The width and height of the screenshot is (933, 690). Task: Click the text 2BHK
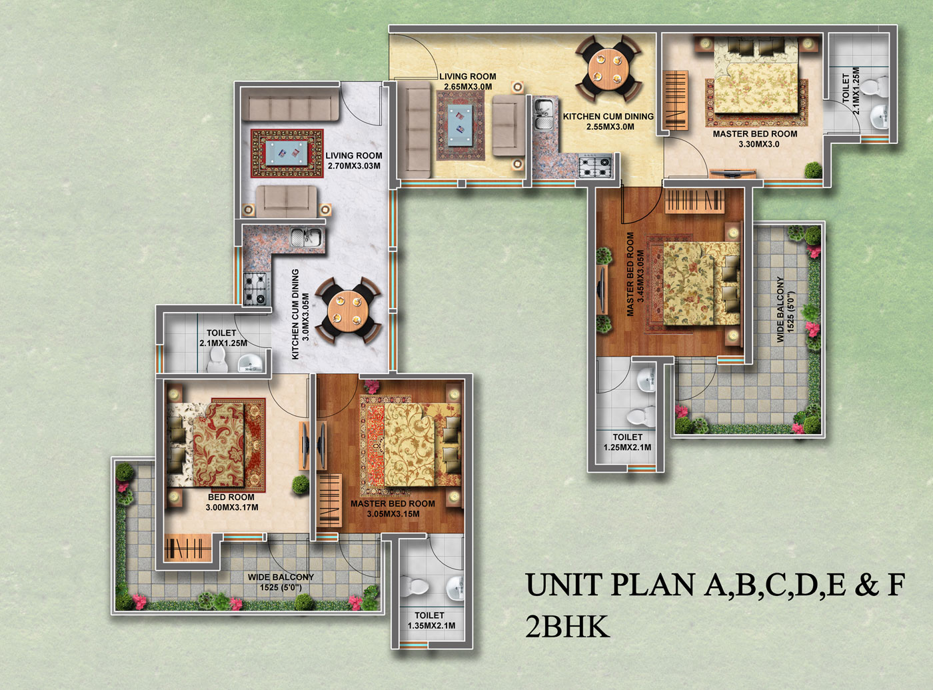(567, 627)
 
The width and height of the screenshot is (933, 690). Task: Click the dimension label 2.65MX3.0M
(468, 87)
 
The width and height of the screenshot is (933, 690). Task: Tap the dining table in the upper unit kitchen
(609, 68)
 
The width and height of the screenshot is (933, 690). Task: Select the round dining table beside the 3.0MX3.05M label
(348, 310)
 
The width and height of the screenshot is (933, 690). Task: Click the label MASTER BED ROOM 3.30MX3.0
(755, 139)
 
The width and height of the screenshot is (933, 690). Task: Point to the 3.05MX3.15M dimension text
(393, 514)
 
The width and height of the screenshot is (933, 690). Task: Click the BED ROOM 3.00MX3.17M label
(231, 502)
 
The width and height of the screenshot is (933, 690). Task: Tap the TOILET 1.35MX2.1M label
(430, 620)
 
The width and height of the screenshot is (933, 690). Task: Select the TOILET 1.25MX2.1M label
(627, 442)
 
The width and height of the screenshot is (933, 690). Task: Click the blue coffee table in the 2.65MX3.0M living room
(462, 125)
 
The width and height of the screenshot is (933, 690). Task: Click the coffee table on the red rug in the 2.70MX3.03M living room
(287, 153)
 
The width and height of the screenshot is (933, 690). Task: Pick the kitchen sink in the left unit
(307, 236)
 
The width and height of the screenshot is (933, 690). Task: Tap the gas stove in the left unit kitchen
(255, 289)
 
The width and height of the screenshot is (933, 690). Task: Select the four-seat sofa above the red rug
(290, 107)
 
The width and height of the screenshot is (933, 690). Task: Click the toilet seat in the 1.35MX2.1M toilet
(418, 587)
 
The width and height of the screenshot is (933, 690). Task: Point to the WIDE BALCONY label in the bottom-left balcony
(281, 582)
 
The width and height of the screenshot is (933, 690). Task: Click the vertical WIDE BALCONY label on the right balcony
(786, 309)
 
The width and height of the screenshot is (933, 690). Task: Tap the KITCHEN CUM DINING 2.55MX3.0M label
(608, 121)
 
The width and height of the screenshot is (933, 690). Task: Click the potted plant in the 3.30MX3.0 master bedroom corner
(812, 170)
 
